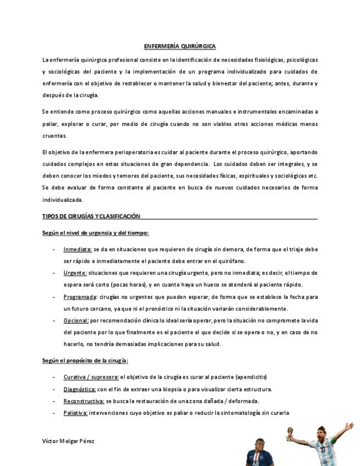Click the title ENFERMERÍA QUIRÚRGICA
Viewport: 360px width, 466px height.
point(180,47)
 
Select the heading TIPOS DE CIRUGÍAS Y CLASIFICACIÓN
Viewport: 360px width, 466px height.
point(91,217)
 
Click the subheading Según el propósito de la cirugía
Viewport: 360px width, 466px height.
point(85,360)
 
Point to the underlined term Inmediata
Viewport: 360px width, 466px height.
point(77,249)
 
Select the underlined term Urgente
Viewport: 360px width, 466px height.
point(75,273)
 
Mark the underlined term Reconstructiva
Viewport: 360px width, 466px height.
point(84,401)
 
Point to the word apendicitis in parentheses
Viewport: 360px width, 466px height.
point(251,377)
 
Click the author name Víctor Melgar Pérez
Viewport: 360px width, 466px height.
point(68,441)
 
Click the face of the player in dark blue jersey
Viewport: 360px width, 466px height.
point(260,444)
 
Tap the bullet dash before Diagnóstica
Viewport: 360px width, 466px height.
point(53,389)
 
